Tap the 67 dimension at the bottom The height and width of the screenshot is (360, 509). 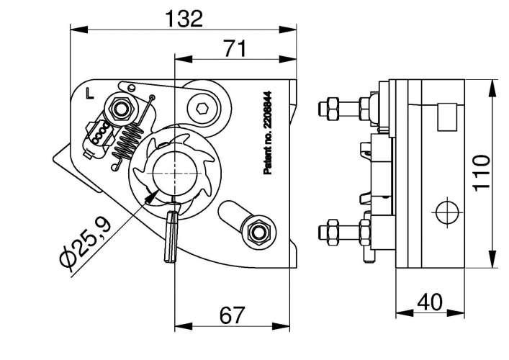(232, 315)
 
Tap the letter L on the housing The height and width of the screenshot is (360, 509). (88, 94)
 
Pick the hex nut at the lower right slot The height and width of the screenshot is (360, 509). (258, 232)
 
